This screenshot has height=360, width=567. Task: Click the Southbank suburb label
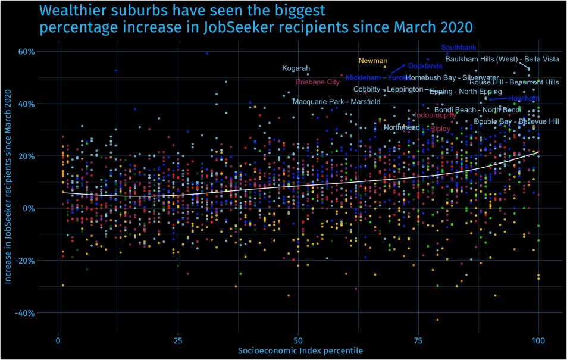(458, 48)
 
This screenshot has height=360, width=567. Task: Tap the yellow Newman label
(373, 61)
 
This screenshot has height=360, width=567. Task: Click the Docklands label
(425, 66)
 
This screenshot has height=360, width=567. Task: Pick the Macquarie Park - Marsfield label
(336, 102)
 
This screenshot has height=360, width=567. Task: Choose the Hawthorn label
(524, 98)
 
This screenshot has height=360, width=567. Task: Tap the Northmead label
(402, 127)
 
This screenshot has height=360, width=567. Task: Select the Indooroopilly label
(435, 115)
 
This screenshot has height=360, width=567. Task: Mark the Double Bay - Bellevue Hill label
(516, 121)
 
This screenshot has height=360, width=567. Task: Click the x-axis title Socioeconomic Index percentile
(300, 351)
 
